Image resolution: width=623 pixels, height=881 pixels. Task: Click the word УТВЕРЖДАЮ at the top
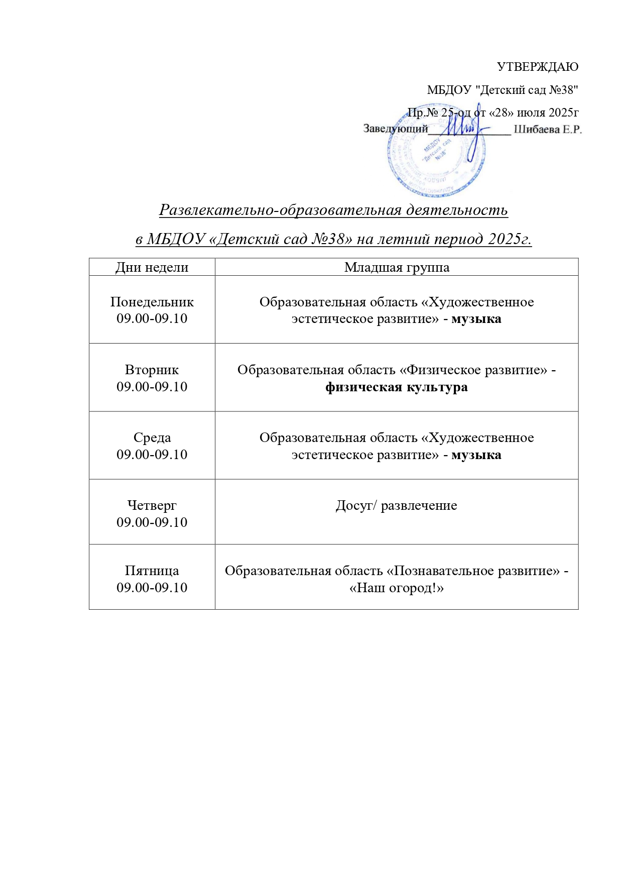pos(537,67)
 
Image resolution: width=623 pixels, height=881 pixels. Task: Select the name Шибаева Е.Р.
pos(547,130)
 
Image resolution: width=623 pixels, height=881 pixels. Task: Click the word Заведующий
pos(395,129)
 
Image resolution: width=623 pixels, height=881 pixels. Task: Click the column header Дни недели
pos(152,267)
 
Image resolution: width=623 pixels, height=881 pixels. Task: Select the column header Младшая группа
pos(397,267)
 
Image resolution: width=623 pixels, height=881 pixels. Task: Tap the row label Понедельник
pos(152,302)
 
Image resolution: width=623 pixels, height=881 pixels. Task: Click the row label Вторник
pos(152,370)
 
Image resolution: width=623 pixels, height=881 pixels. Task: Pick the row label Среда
pos(152,437)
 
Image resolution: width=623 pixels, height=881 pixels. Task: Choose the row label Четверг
pos(152,505)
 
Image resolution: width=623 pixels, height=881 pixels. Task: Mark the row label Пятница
pos(152,571)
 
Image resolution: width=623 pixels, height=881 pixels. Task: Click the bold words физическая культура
pos(397,387)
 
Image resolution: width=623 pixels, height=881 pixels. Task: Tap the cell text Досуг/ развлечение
pos(397,505)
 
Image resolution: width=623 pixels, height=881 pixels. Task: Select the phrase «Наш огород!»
pos(397,588)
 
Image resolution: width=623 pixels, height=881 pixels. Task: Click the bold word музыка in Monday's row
pos(476,319)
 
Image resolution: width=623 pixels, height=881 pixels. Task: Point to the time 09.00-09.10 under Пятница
pos(152,588)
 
